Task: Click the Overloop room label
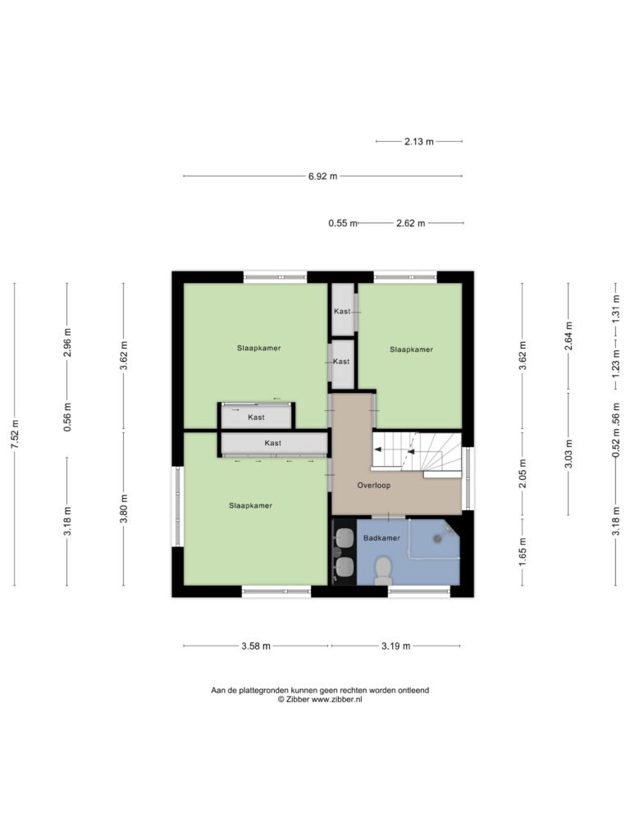[x=374, y=486]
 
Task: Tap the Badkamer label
[x=381, y=538]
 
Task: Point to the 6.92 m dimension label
[x=322, y=176]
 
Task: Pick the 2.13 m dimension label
[x=419, y=141]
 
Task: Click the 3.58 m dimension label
[x=256, y=646]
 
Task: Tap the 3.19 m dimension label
[x=396, y=646]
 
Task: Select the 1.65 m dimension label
[x=523, y=551]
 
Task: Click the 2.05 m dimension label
[x=523, y=473]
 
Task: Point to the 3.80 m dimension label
[x=124, y=509]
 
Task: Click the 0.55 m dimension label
[x=343, y=223]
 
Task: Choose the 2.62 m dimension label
[x=411, y=223]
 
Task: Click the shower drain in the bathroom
[x=438, y=538]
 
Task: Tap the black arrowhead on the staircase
[x=377, y=450]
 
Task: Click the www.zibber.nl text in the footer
[x=337, y=699]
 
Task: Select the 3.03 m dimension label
[x=569, y=453]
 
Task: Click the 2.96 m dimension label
[x=67, y=342]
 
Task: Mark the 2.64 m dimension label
[x=569, y=336]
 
